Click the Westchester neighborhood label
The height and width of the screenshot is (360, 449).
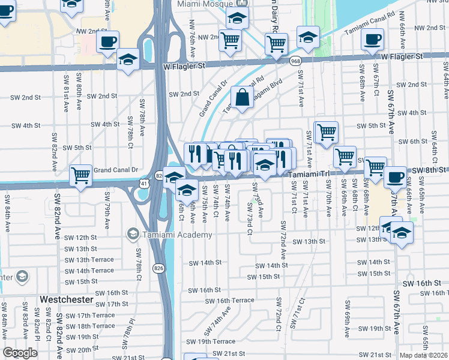coord(66,299)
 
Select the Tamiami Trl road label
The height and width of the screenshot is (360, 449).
coord(309,174)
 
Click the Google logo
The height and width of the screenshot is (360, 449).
coord(20,353)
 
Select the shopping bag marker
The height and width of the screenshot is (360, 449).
coord(242,97)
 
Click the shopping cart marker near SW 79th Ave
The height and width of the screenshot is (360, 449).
coord(80,175)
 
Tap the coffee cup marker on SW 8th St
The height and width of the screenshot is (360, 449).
coord(395,177)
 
